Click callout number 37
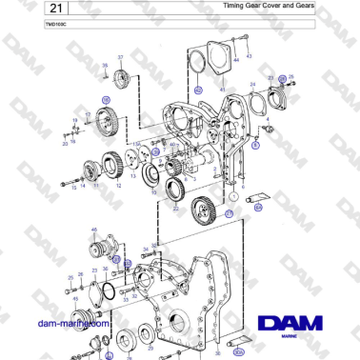click(x=121, y=58)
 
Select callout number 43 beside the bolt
click(x=249, y=57)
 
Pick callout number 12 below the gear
click(x=119, y=187)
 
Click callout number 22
click(x=173, y=208)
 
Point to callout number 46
click(x=94, y=230)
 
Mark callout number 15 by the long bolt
click(x=73, y=188)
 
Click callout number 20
click(x=66, y=145)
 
